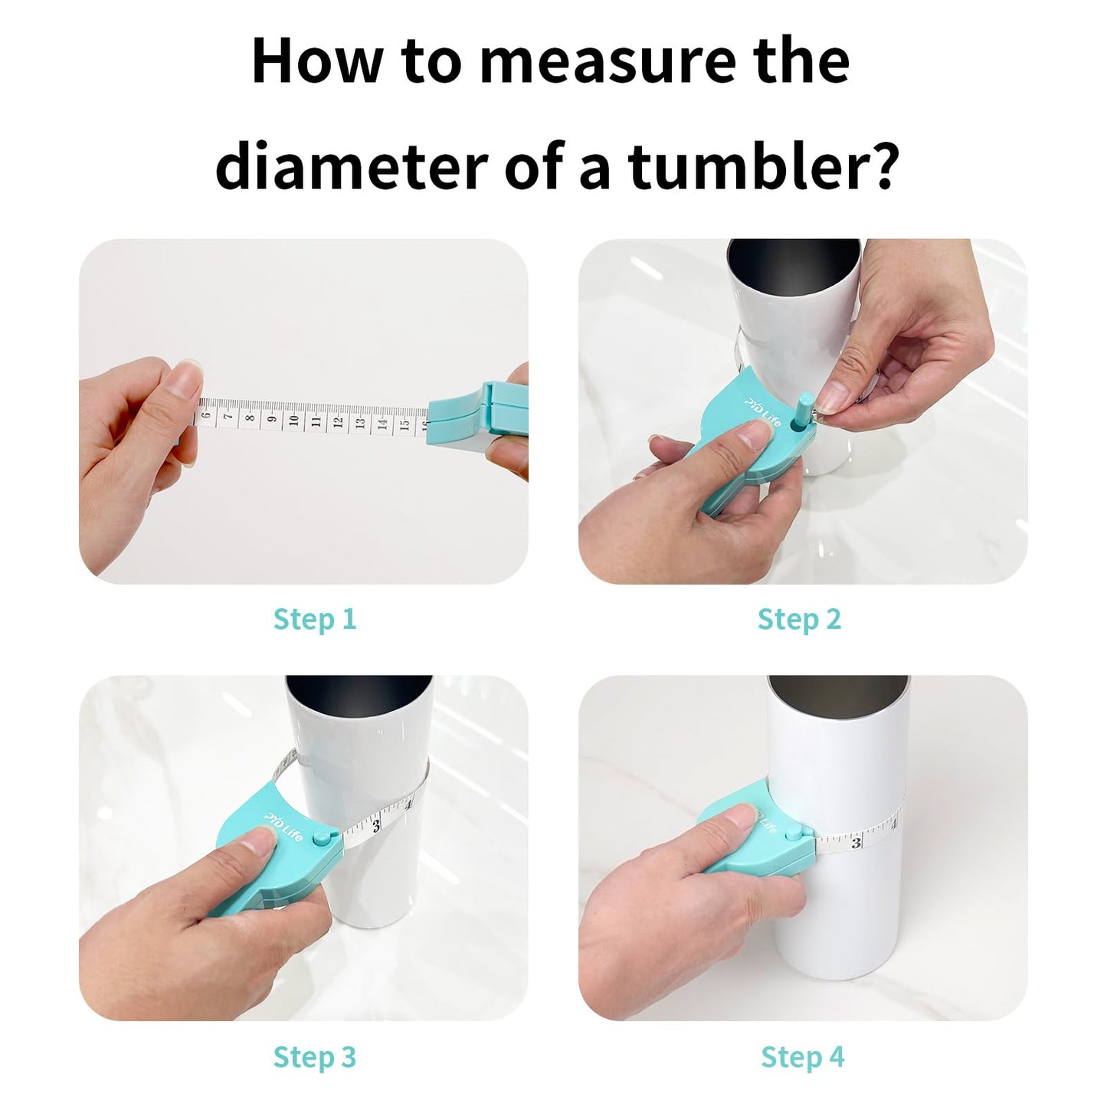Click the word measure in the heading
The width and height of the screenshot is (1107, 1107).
[x=609, y=61]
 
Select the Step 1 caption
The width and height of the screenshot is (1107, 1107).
[x=315, y=619]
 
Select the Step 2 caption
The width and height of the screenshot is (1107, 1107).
[x=799, y=619]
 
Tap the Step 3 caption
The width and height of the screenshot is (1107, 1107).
[x=315, y=1057]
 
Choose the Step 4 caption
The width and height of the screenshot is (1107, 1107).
[x=802, y=1057]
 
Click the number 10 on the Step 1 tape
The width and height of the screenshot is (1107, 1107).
[x=293, y=420]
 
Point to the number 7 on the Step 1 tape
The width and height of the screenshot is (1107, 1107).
[x=228, y=418]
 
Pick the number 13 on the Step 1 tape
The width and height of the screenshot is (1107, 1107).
[x=359, y=422]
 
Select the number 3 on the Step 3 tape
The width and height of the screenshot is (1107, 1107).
[x=376, y=827]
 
